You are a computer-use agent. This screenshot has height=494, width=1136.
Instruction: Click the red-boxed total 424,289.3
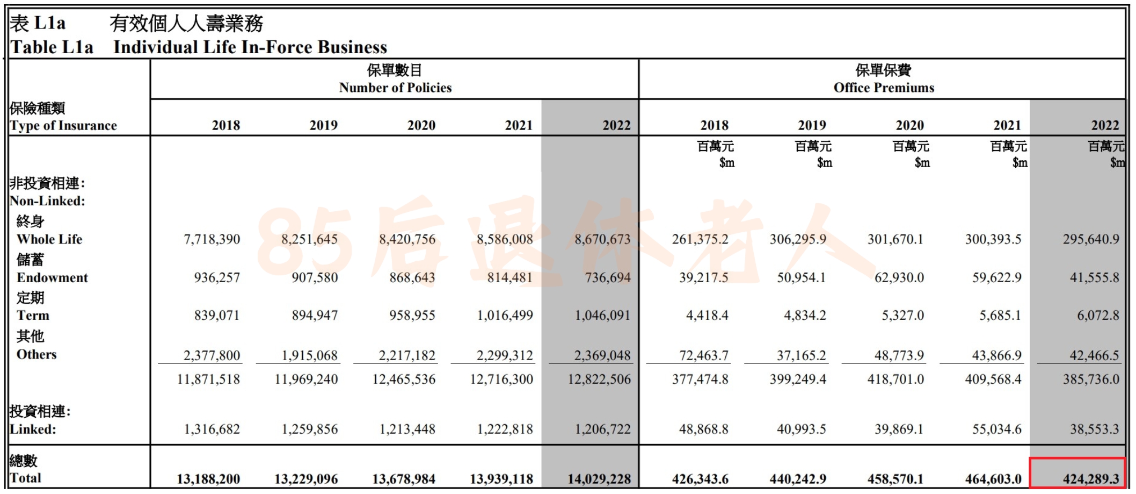[1091, 478]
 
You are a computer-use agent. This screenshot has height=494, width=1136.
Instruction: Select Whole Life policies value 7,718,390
[212, 239]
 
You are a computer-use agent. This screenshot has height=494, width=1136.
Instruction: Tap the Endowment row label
[52, 277]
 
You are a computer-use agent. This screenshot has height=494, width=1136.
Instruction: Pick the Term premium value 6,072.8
[1098, 316]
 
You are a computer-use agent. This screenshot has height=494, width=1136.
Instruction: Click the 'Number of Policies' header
[395, 88]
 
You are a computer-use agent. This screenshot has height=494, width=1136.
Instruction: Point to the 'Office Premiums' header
[884, 88]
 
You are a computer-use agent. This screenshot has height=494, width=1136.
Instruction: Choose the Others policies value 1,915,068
[310, 355]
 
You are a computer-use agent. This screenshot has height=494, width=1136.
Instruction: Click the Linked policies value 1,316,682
[212, 429]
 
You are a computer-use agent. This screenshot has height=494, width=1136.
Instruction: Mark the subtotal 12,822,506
[600, 379]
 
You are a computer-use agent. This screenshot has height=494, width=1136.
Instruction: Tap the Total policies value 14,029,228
[600, 478]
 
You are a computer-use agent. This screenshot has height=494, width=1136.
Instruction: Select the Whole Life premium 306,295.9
[798, 239]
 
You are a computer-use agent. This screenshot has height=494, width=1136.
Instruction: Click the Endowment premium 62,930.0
[899, 277]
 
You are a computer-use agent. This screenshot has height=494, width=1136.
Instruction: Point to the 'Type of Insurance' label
[63, 125]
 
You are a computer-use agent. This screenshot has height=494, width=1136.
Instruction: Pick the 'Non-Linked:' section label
[47, 201]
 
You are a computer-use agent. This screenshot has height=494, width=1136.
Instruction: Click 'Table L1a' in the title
[52, 47]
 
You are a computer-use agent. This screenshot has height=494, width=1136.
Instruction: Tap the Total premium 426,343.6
[701, 478]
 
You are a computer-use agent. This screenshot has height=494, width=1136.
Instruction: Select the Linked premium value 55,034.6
[997, 429]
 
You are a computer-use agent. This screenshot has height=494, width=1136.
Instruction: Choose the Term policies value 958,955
[412, 316]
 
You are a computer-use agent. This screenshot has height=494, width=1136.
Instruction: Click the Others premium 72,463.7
[704, 355]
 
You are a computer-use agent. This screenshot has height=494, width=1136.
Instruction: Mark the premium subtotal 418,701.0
[896, 379]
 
